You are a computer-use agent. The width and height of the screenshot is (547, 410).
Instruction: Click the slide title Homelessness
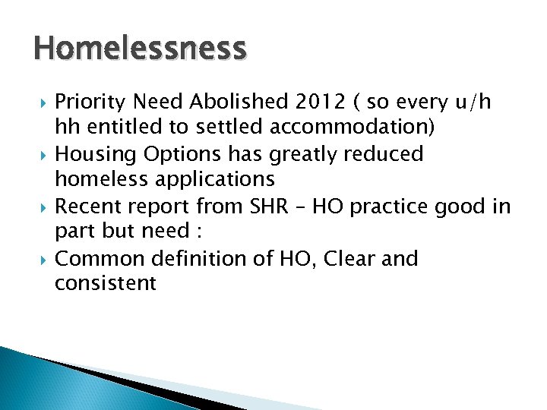tap(140, 49)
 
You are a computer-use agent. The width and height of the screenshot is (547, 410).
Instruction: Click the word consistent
tap(106, 285)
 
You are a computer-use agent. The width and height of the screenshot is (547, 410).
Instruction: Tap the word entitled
tap(120, 128)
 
